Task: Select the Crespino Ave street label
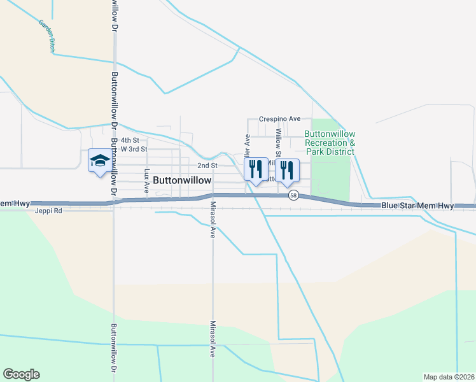pos(279,119)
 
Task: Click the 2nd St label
pos(207,165)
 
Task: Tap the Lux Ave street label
pos(147,181)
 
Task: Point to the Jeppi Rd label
pos(48,210)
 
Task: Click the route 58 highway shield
pos(293,195)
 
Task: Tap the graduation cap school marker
pos(99,161)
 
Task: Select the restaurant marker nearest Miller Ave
pos(256,169)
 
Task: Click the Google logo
pos(21,374)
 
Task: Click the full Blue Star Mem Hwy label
pos(417,206)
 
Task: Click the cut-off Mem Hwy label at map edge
pos(15,203)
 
